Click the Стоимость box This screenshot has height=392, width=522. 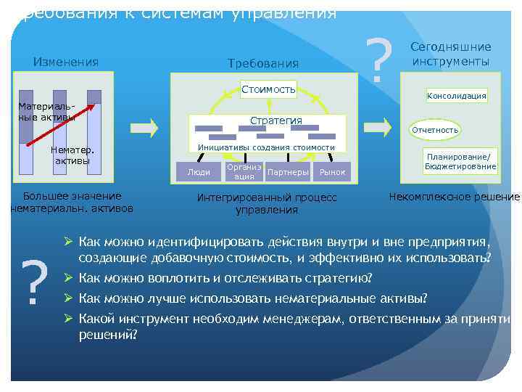pos(269,89)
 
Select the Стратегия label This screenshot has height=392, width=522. pos(275,121)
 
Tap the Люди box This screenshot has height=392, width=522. pos(199,172)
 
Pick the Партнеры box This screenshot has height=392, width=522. pos(288,172)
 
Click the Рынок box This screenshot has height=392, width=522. pos(333,172)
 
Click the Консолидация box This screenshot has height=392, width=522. pos(457,96)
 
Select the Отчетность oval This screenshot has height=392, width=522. pos(435,130)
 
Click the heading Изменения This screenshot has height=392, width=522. pos(66,62)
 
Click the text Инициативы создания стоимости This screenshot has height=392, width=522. pos(267,147)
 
